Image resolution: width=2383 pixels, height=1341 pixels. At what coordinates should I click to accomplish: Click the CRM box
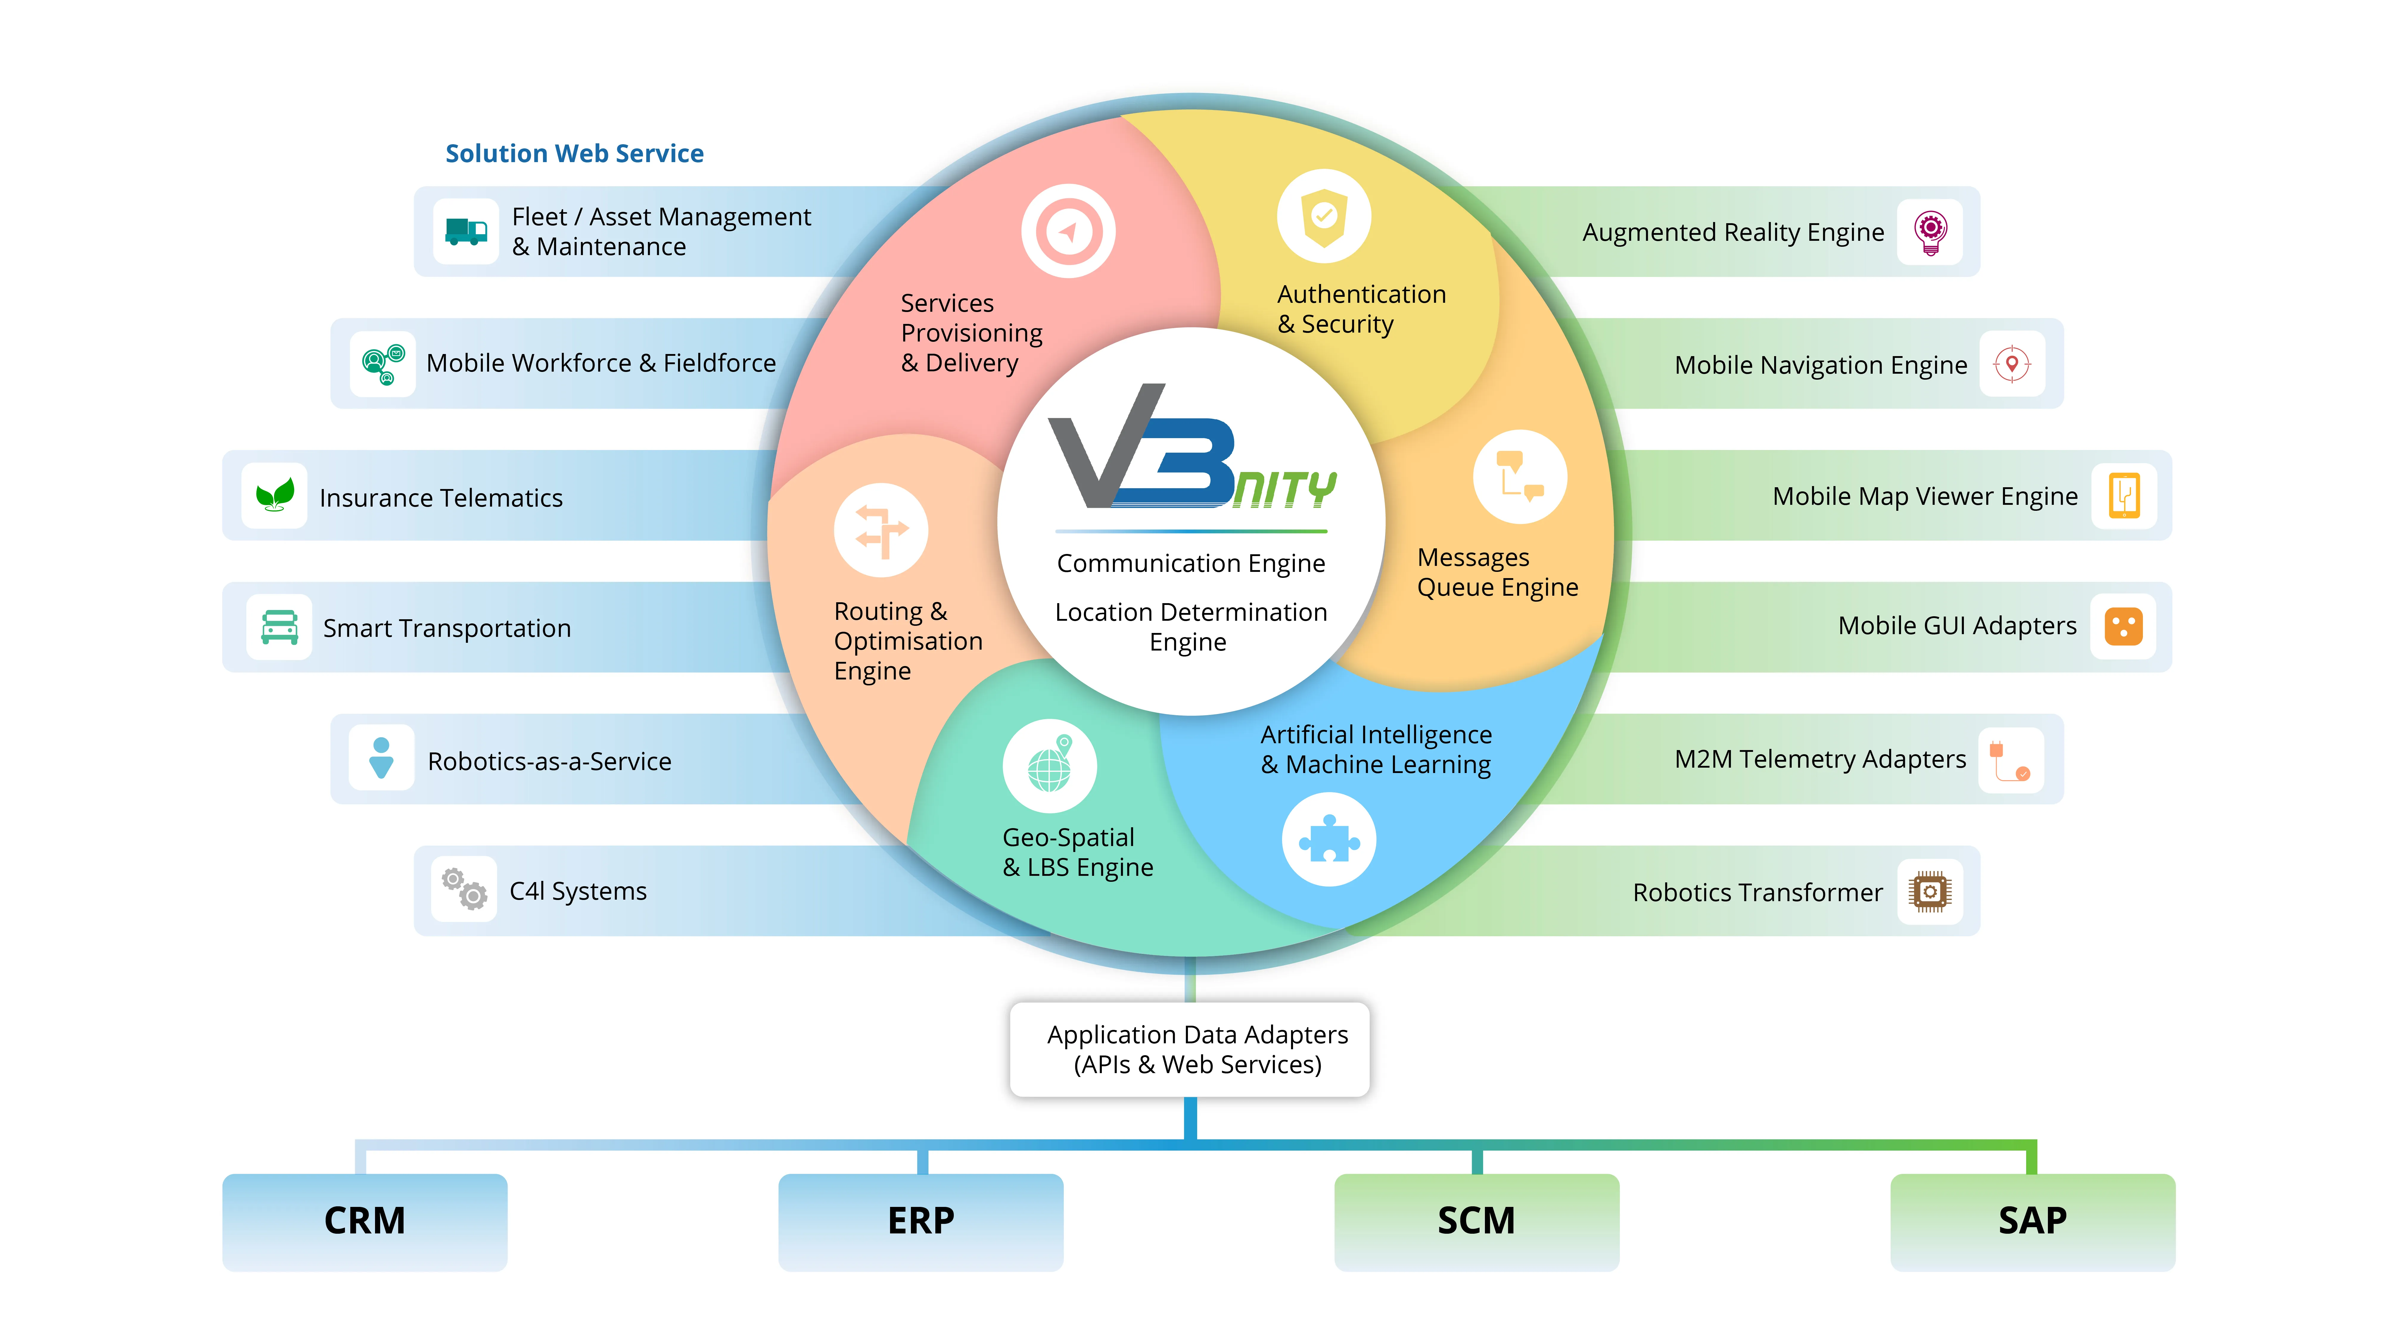point(365,1221)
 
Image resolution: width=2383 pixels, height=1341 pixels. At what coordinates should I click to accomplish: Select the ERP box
point(920,1221)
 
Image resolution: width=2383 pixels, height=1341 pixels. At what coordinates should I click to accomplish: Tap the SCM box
point(1477,1221)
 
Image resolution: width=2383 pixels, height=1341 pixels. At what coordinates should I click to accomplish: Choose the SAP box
point(2032,1221)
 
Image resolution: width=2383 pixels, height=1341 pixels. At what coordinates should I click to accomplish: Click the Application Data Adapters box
point(1190,1050)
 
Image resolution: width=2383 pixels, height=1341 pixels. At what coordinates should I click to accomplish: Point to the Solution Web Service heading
point(575,154)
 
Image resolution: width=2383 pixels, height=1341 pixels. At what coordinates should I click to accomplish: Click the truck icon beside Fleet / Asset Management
point(465,231)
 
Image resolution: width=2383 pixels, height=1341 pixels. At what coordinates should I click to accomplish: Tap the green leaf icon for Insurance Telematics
point(275,495)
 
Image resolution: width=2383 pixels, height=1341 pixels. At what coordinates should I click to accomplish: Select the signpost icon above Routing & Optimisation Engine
point(881,530)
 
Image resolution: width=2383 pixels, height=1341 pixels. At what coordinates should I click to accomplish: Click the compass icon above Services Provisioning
point(1068,231)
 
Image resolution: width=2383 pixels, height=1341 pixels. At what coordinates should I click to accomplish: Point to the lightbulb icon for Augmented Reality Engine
point(1931,231)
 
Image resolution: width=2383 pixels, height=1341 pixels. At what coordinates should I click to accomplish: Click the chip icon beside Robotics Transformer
point(1930,891)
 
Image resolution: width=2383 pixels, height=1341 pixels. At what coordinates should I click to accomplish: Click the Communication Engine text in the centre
point(1191,564)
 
